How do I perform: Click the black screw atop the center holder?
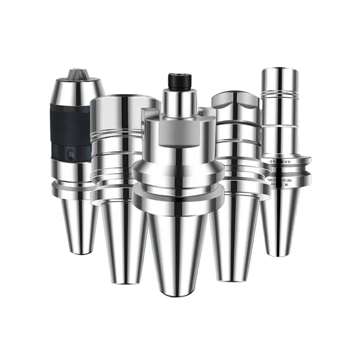pos(177,81)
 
